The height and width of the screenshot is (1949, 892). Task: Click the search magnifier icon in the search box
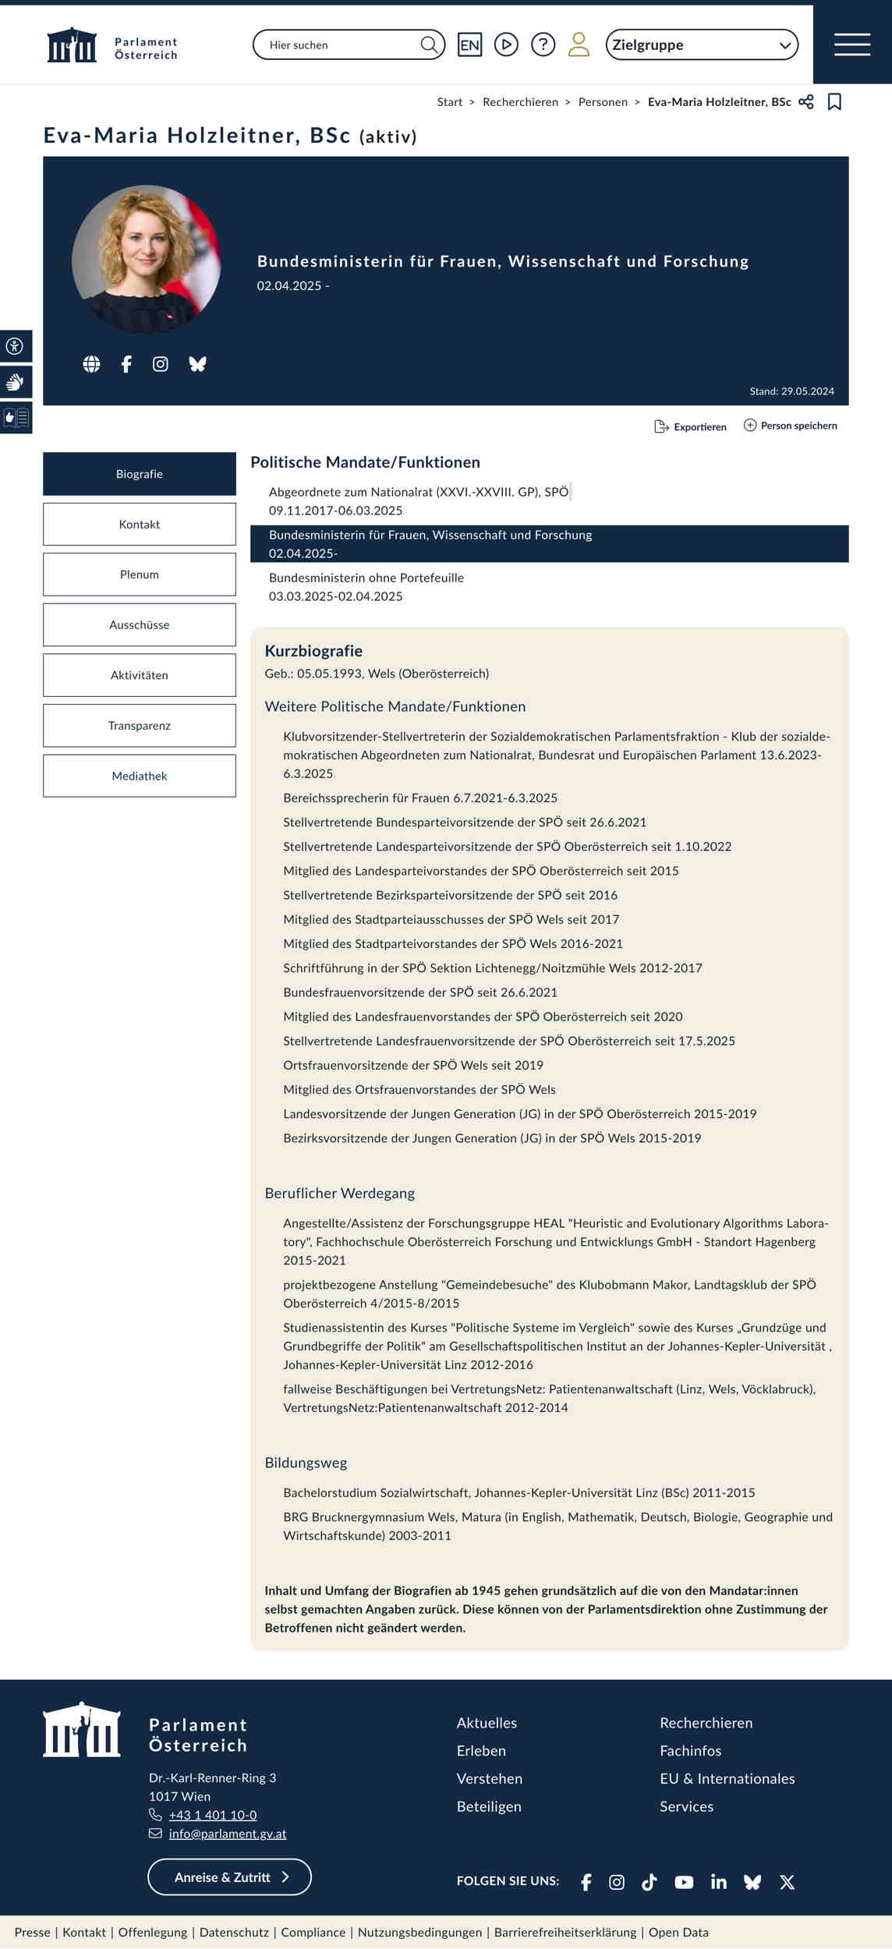pos(429,44)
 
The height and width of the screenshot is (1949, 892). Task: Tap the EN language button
pos(469,44)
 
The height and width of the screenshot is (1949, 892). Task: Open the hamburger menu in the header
pos(851,44)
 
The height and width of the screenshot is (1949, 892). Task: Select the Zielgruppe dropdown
pos(702,44)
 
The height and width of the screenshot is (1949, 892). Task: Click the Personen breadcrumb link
pos(603,102)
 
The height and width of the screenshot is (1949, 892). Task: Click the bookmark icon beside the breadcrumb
pos(834,102)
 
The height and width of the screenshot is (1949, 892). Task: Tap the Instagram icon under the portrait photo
pos(161,364)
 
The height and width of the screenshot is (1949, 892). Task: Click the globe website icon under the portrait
pos(92,364)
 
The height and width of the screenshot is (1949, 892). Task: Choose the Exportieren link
pos(691,426)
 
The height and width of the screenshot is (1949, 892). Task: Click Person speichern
pos(791,426)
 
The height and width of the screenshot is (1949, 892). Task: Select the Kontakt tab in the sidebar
pos(140,524)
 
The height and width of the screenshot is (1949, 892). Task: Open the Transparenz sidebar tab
pos(140,725)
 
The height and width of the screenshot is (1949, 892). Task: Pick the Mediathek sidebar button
pos(140,776)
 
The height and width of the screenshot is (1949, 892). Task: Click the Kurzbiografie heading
pos(313,650)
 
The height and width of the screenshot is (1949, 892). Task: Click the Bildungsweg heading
pos(306,1463)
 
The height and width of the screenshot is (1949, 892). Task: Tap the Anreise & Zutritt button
pos(229,1877)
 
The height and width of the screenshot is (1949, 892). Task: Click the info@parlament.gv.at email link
pos(228,1834)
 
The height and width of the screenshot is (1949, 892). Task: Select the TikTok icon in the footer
pos(650,1882)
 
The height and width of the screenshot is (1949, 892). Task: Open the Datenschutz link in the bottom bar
pos(234,1933)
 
